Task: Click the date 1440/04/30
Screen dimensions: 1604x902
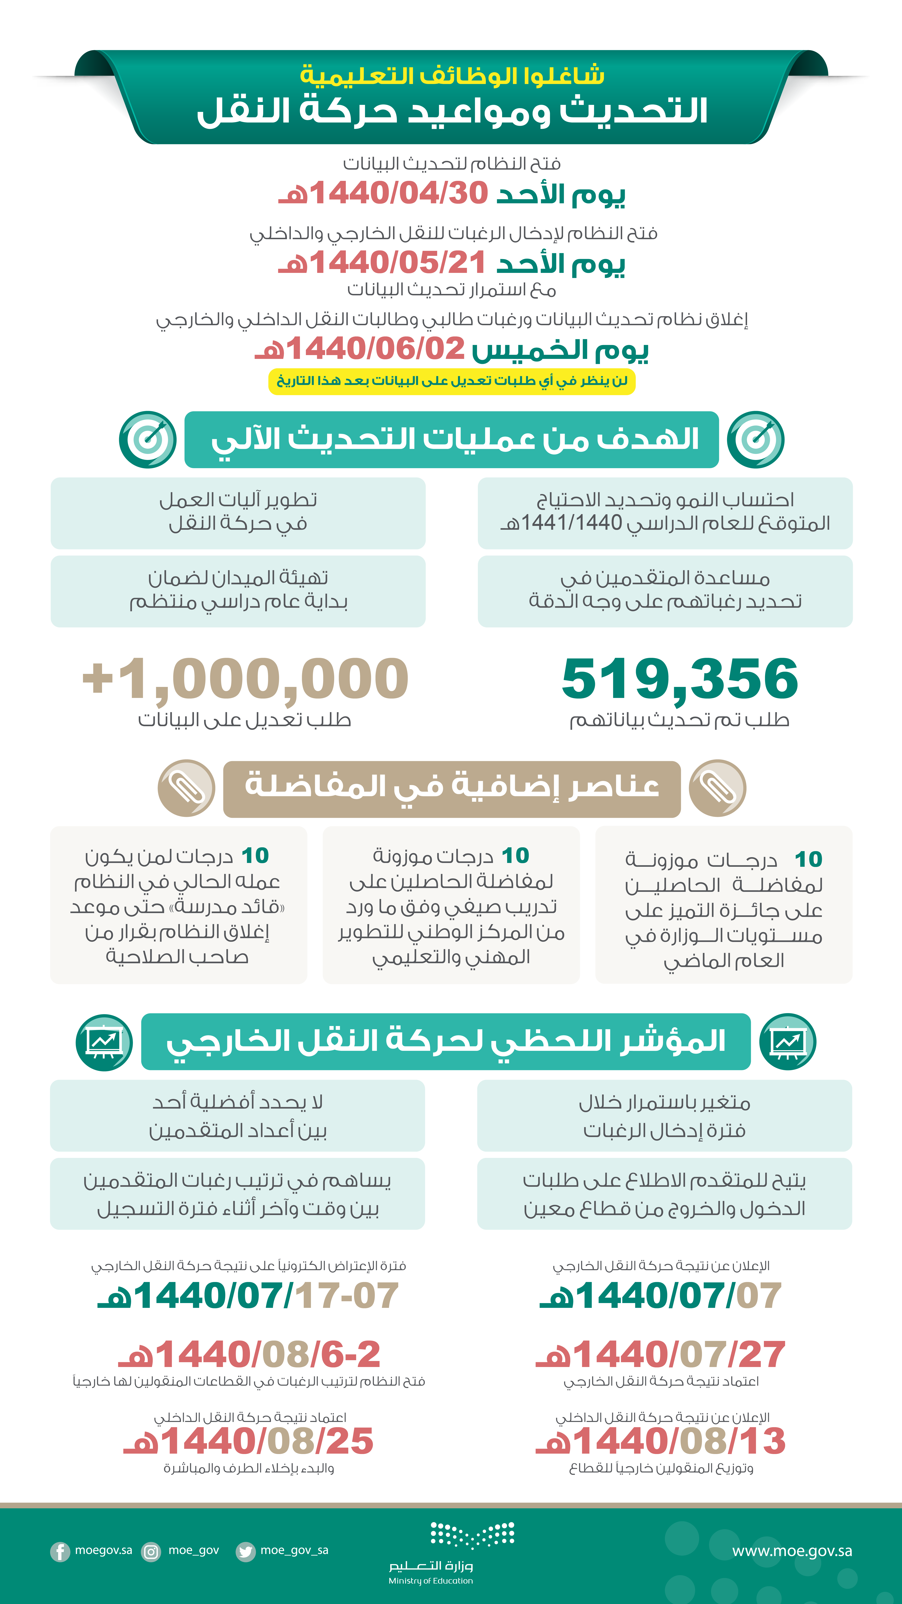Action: (398, 193)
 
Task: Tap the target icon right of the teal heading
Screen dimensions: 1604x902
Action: (756, 440)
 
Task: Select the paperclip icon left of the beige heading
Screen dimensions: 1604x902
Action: (186, 788)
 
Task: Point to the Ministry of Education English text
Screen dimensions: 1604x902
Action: (431, 1581)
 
